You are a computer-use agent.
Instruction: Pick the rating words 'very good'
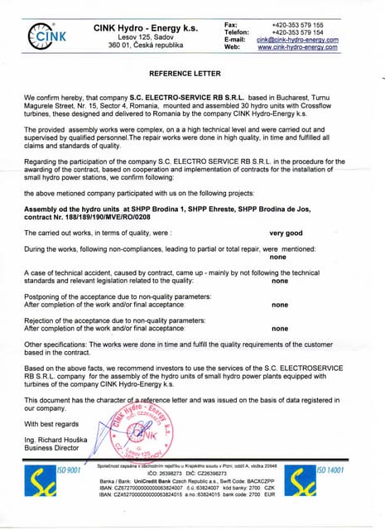point(286,234)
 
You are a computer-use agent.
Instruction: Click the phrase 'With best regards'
point(51,425)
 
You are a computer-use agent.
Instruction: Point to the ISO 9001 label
point(69,470)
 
